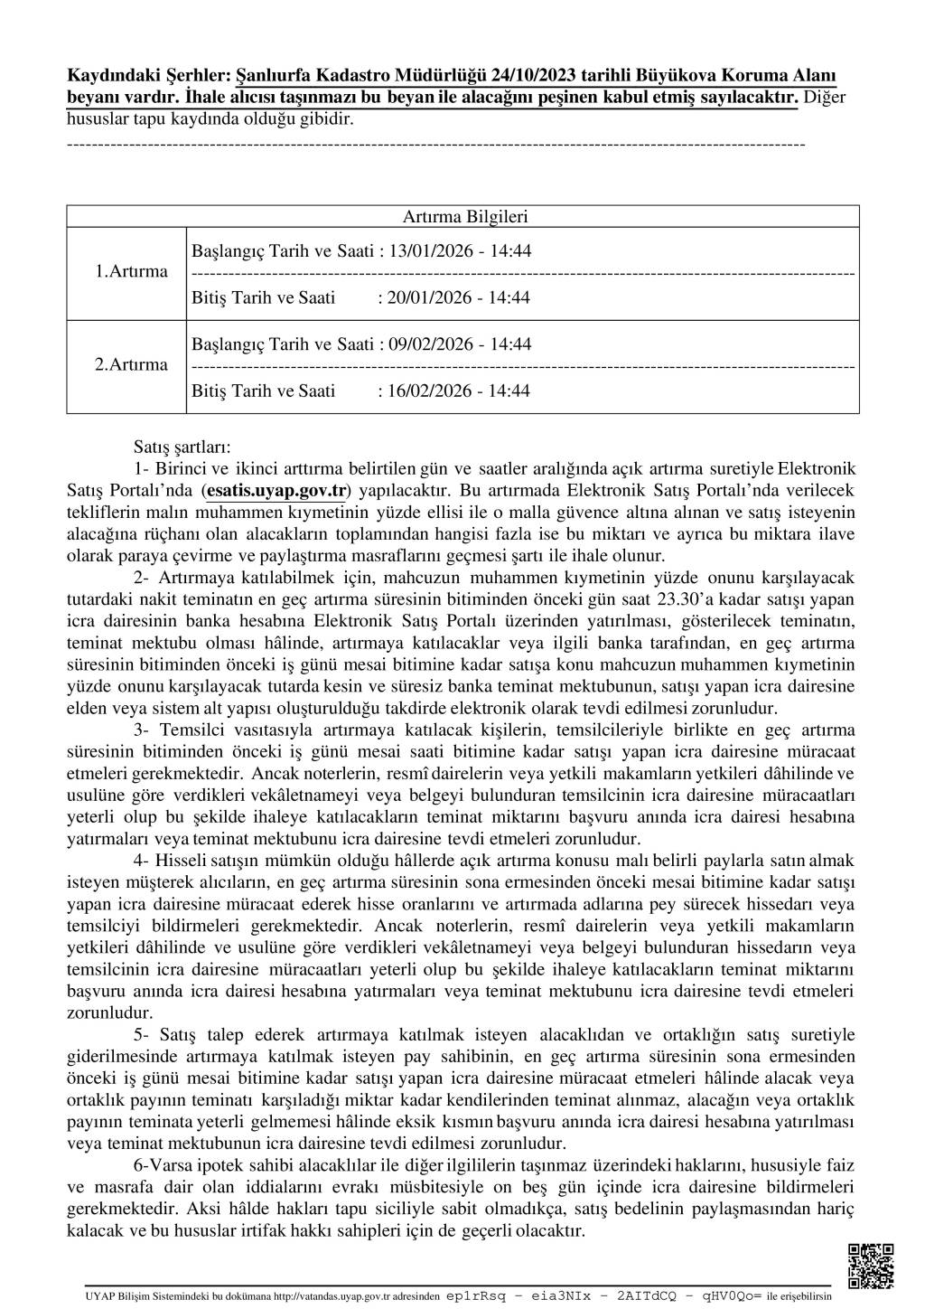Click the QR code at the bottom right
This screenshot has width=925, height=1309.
click(871, 1265)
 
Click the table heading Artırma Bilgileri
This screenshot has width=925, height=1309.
click(464, 217)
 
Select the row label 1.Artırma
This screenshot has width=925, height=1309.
click(131, 272)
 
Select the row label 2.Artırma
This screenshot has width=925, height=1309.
click(131, 365)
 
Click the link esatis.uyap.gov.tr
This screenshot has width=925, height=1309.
click(276, 491)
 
